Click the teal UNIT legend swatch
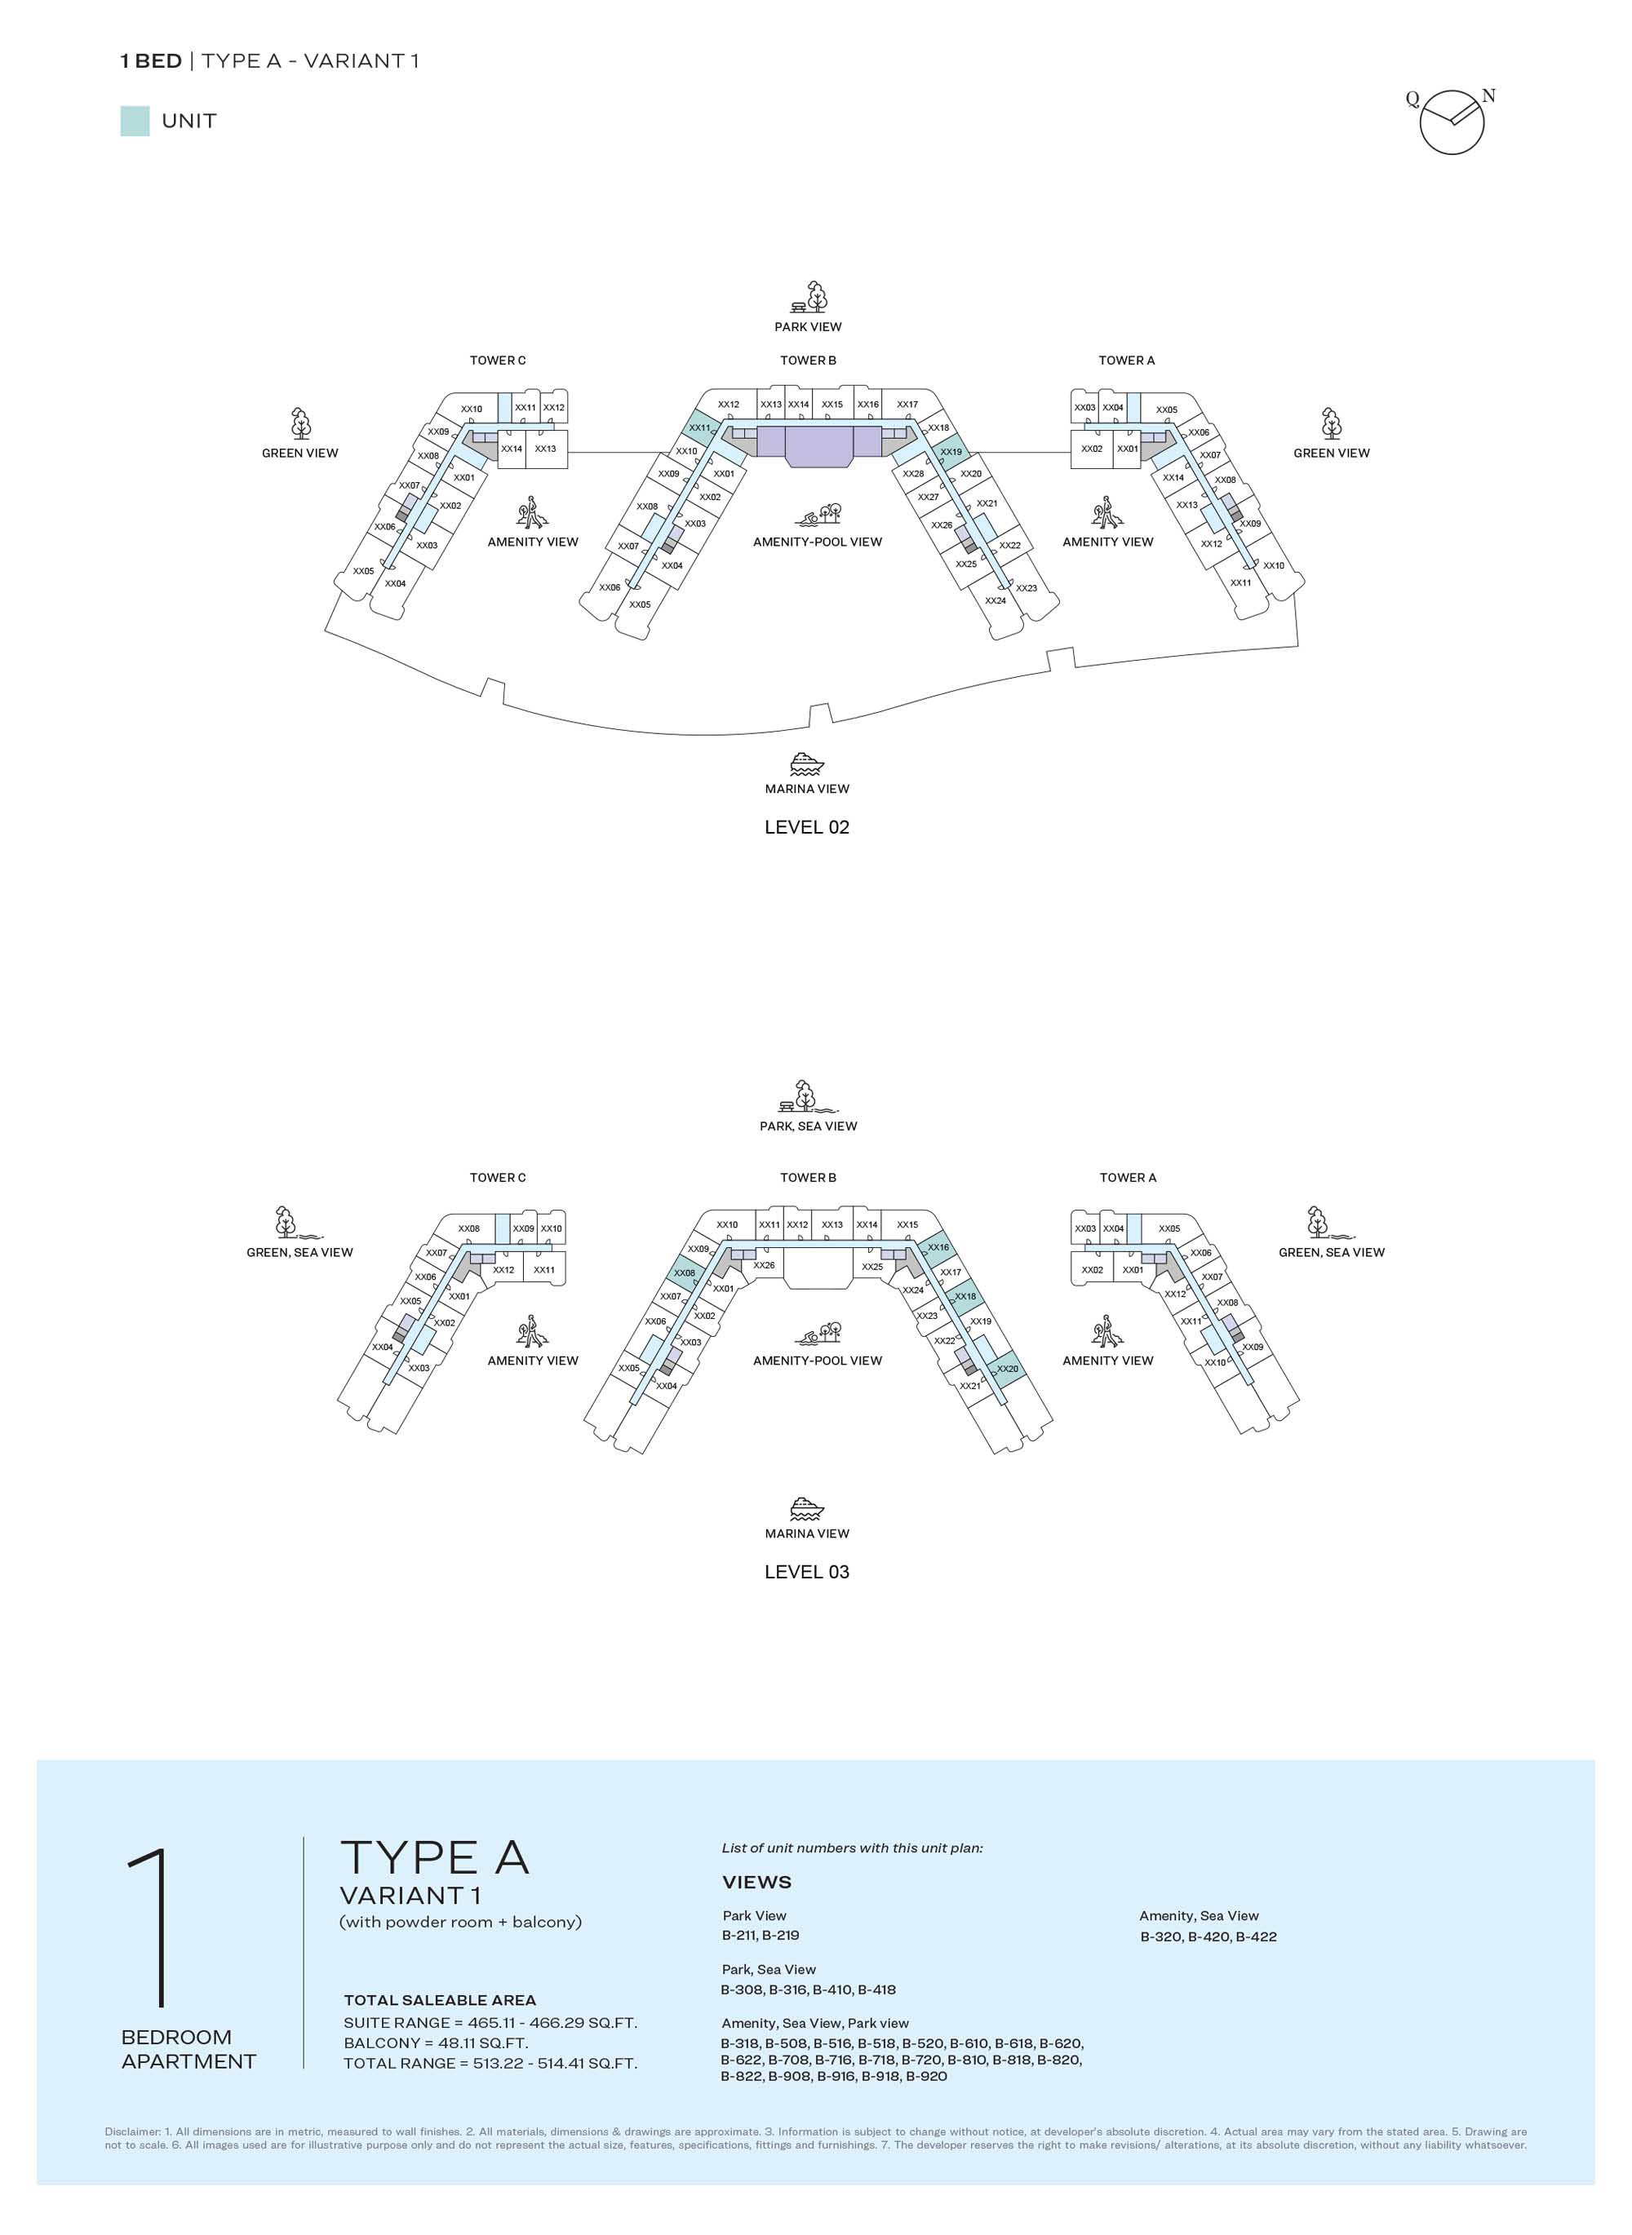135,122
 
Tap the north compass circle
1452,122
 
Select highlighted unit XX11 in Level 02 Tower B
699,427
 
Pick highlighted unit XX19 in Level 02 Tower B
951,453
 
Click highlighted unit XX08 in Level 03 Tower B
685,1273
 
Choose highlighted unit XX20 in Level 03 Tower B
1007,1369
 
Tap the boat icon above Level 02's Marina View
807,763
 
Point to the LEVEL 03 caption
807,1571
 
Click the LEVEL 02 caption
807,826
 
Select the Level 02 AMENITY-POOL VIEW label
817,542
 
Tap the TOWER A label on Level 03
1127,1177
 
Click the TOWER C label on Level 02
498,361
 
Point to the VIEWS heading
756,1883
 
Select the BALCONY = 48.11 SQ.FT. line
436,2042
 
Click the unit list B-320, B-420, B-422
1208,1936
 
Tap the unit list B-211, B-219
761,1935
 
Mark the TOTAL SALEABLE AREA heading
440,2000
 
